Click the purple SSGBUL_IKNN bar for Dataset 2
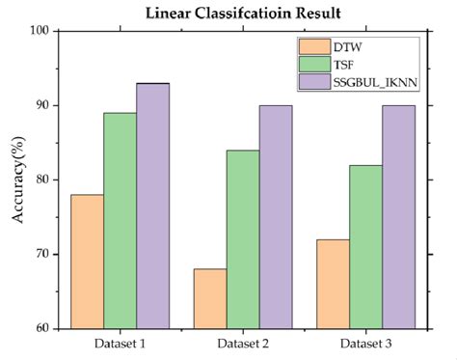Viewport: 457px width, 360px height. (275, 216)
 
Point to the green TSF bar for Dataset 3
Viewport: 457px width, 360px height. (366, 246)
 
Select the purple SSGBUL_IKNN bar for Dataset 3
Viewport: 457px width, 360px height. (397, 216)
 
